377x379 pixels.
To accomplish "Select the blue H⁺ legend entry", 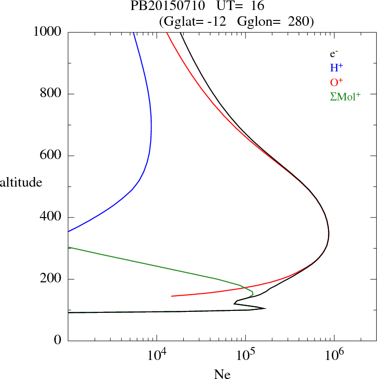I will (x=337, y=68).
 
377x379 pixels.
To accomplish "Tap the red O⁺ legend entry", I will (x=337, y=82).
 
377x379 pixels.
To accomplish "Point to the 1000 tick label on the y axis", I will (x=48, y=32).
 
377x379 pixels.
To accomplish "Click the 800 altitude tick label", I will (x=51, y=94).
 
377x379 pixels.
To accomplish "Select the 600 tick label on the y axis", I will (x=51, y=156).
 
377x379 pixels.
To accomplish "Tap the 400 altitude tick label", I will (x=51, y=218).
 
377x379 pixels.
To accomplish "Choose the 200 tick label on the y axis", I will (x=51, y=279).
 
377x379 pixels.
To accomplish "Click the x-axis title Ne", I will (x=222, y=374).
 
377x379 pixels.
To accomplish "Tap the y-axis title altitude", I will (x=21, y=182).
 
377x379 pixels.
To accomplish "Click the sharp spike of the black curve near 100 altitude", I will (x=265, y=309).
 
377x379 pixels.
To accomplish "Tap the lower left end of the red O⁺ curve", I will (x=172, y=296).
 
